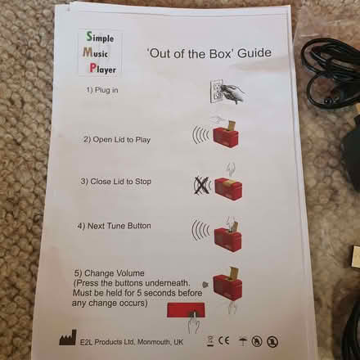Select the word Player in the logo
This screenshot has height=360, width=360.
pyautogui.click(x=102, y=70)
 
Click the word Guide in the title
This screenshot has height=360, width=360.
pyautogui.click(x=254, y=55)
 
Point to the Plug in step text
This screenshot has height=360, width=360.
pyautogui.click(x=101, y=90)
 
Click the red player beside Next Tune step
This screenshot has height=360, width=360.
pyautogui.click(x=227, y=234)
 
